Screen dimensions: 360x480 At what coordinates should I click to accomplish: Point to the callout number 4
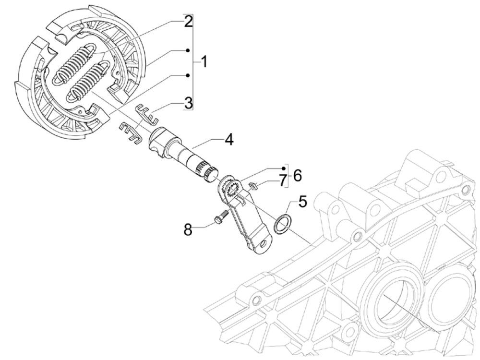click(228, 140)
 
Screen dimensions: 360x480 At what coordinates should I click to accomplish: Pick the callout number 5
click(302, 200)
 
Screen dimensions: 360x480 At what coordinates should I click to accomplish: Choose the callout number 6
click(297, 175)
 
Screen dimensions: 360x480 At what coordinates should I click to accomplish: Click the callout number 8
click(189, 229)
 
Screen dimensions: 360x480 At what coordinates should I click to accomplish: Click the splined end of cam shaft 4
click(209, 171)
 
